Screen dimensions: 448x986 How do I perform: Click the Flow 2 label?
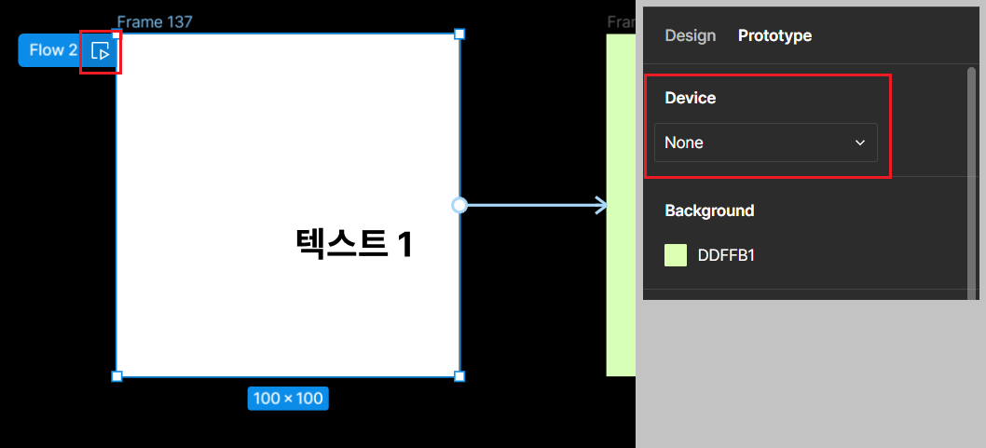52,50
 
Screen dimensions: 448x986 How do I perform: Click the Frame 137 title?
155,21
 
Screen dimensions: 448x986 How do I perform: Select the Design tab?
690,35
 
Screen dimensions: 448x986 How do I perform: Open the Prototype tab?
774,35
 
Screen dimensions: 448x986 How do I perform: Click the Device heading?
690,98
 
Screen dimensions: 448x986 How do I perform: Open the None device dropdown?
765,143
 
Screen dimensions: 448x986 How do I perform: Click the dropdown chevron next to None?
859,143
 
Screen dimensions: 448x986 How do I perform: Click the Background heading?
709,210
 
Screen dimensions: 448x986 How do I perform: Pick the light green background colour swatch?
676,255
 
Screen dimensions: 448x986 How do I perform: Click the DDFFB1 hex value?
726,255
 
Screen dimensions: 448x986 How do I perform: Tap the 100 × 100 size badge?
288,399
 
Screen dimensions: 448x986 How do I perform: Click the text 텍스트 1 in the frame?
353,244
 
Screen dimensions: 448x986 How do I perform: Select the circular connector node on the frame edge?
459,205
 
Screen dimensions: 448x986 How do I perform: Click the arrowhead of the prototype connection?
601,205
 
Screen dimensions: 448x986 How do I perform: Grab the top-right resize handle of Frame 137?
459,34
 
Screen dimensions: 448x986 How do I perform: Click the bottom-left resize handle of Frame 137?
116,376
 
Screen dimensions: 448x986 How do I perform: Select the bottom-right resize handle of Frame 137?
459,376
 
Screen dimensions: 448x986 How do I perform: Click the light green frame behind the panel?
620,279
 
